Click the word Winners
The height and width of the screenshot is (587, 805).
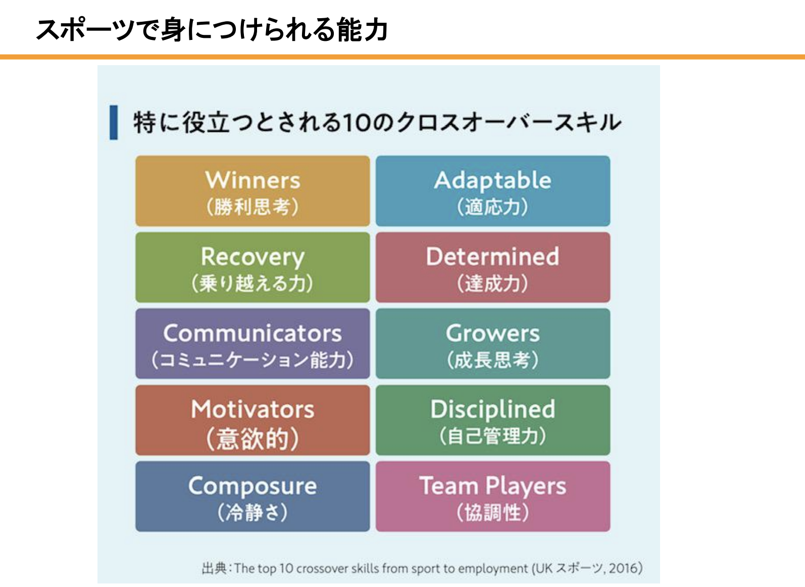click(253, 180)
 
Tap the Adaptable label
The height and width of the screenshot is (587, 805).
click(493, 180)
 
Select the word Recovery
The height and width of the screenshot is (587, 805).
click(253, 257)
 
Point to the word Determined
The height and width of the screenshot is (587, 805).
click(493, 256)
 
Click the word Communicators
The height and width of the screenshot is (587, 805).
click(253, 333)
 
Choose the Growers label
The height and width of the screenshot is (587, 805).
click(493, 333)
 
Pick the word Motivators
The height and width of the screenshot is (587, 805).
click(253, 409)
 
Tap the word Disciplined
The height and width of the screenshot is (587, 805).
click(493, 410)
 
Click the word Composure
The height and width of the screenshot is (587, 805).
click(253, 486)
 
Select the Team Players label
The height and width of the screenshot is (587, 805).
click(493, 486)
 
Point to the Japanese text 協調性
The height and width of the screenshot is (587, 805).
click(493, 512)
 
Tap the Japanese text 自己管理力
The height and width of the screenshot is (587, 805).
click(493, 436)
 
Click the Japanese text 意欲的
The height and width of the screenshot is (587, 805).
click(253, 438)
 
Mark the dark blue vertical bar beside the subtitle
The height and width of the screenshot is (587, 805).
click(114, 122)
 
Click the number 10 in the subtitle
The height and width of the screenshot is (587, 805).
click(356, 123)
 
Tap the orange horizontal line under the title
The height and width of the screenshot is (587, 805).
click(403, 57)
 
